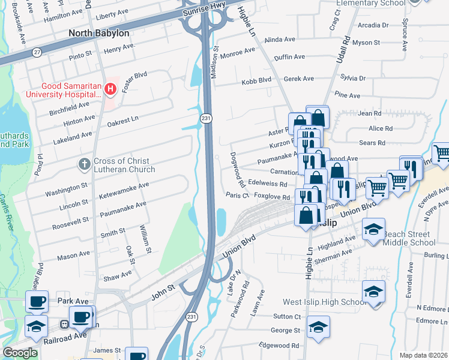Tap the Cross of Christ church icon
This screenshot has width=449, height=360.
click(85, 163)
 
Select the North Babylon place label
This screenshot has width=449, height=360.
click(99, 33)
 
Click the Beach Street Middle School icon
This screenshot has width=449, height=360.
click(373, 230)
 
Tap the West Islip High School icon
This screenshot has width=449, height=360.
click(373, 292)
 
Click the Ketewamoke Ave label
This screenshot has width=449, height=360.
click(124, 187)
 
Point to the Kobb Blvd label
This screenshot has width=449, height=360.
click(256, 82)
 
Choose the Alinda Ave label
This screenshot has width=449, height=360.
click(280, 40)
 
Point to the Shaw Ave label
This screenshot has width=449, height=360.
click(118, 275)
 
